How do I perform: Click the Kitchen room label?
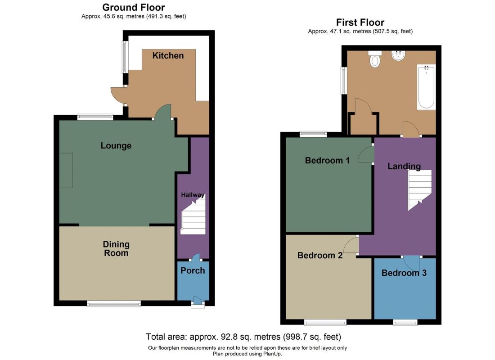tap(168, 56)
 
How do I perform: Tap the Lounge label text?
tap(116, 146)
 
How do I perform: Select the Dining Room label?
tap(116, 248)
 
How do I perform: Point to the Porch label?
tap(193, 270)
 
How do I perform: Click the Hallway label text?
tap(193, 195)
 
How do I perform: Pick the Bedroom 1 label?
tap(327, 160)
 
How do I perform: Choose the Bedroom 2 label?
tap(320, 255)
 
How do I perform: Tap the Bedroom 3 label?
tap(404, 273)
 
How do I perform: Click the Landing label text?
tap(404, 166)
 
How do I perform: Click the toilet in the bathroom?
tap(375, 59)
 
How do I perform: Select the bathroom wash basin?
tap(398, 55)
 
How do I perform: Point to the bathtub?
tap(426, 87)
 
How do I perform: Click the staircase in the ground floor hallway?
tap(193, 215)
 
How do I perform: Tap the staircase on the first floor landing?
tap(419, 190)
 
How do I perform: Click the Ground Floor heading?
tap(134, 7)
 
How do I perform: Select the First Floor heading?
tap(360, 22)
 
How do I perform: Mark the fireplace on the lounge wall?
tap(66, 170)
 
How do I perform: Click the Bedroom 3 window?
tap(405, 322)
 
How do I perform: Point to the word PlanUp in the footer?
tap(271, 354)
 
